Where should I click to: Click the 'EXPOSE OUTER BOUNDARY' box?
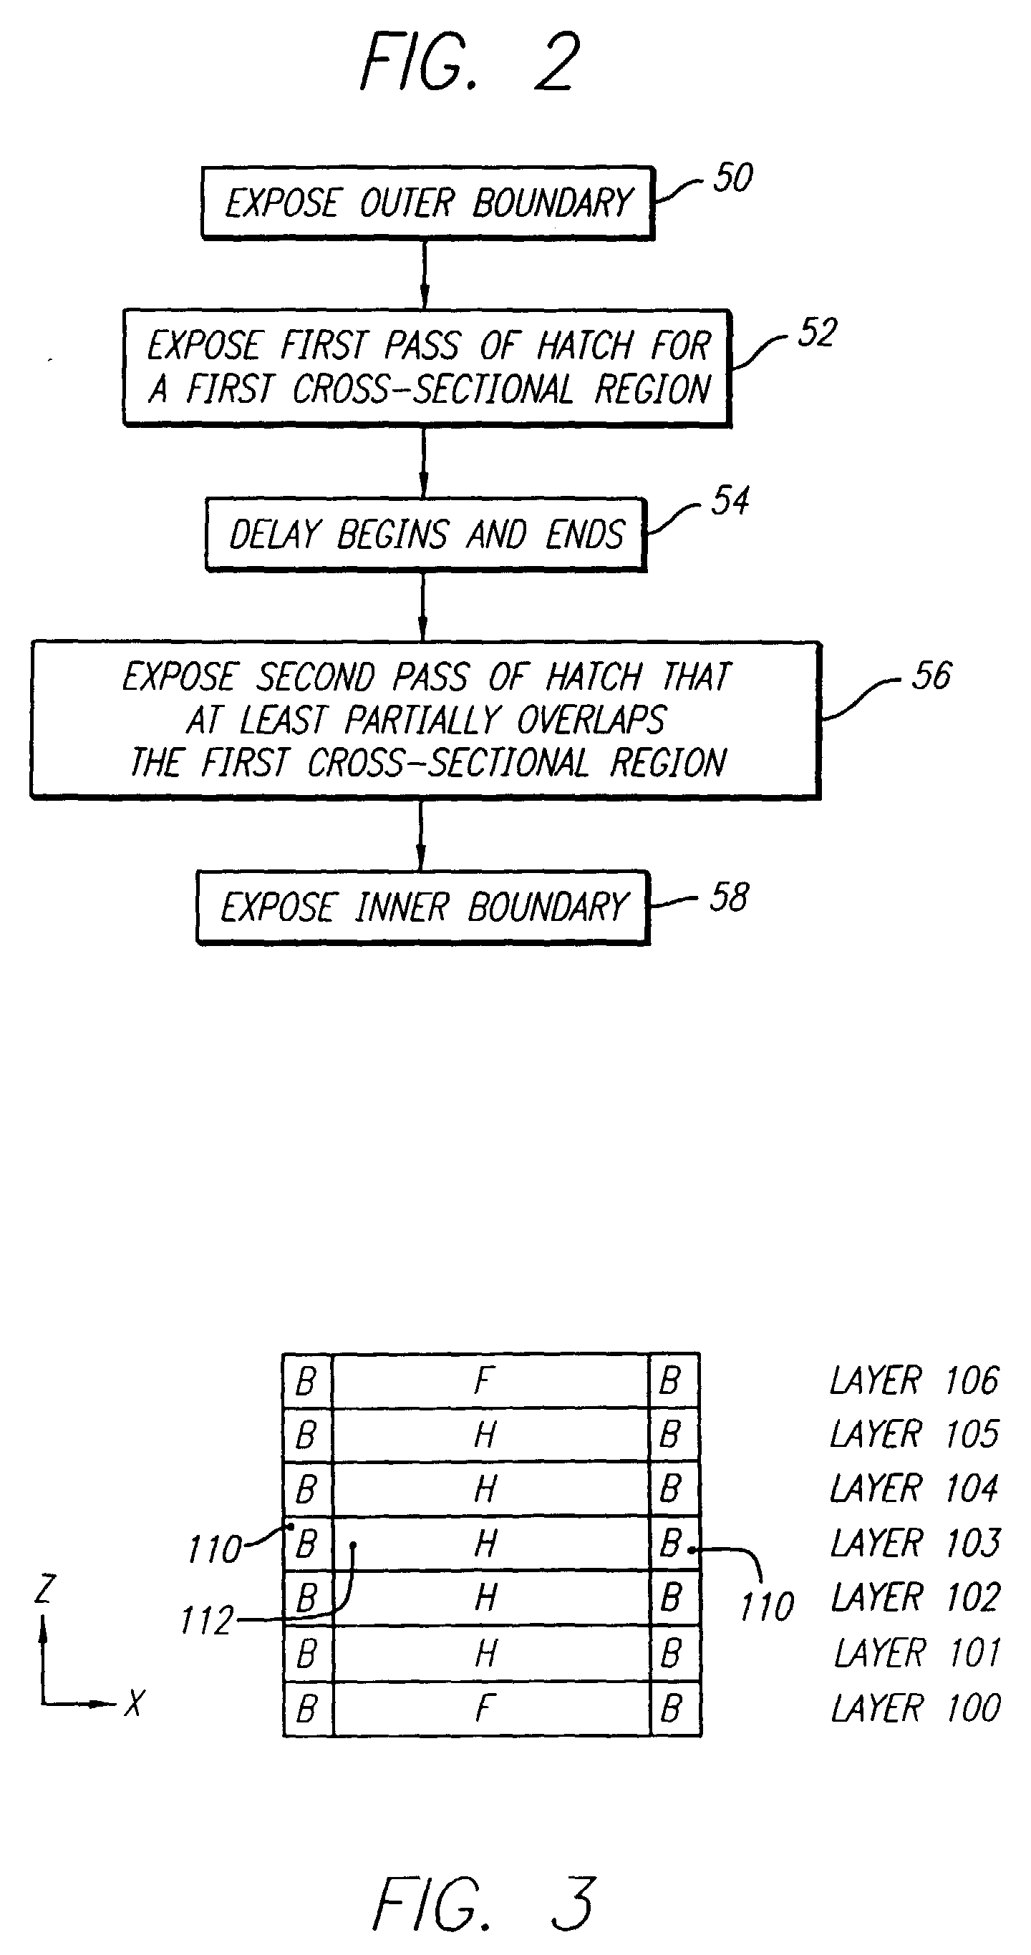(x=427, y=203)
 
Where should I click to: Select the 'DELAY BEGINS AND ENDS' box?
(x=425, y=535)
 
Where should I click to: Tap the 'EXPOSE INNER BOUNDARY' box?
(x=423, y=907)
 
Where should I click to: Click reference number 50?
(x=732, y=178)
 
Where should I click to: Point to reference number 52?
(x=817, y=333)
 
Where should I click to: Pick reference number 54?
(x=730, y=501)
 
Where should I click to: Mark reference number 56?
(x=931, y=676)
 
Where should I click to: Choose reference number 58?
(x=729, y=898)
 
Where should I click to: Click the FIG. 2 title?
(x=470, y=63)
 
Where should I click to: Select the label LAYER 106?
(x=914, y=1380)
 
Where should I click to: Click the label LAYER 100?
(x=916, y=1708)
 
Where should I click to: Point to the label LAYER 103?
(x=916, y=1544)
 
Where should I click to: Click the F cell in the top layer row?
(x=485, y=1380)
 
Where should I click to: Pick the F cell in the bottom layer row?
(x=485, y=1709)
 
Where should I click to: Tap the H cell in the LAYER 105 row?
(x=485, y=1435)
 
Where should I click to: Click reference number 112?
(x=206, y=1621)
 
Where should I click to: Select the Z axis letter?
(x=46, y=1589)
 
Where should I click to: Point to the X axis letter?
(x=135, y=1704)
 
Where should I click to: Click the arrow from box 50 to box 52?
(x=425, y=274)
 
